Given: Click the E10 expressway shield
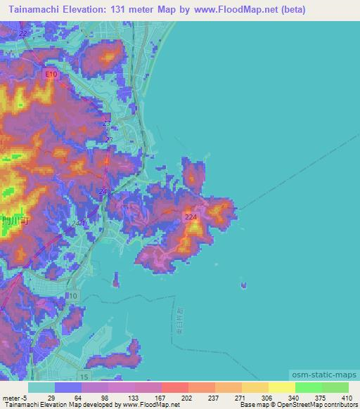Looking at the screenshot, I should pos(51,74).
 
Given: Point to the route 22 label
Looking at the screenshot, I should pos(24,33).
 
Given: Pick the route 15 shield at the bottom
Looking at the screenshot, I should pos(84,377).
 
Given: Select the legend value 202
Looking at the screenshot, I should pos(166,397).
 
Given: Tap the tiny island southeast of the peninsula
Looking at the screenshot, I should pos(244,285).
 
